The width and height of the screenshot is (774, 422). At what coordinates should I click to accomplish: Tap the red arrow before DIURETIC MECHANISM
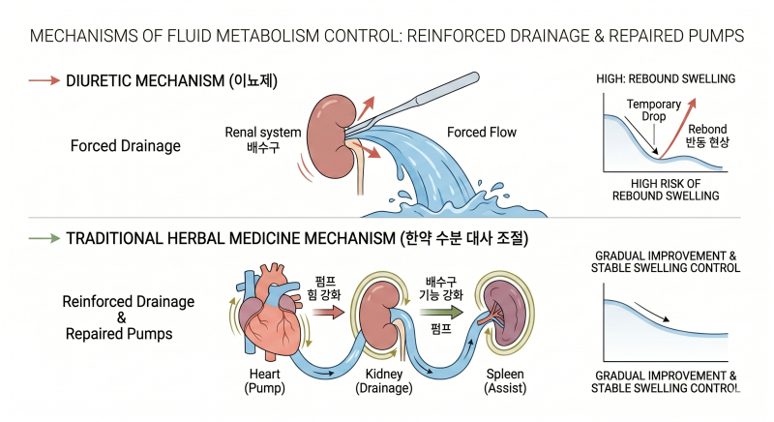pos(44,80)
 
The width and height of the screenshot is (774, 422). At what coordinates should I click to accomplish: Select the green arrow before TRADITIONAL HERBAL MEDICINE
pos(44,238)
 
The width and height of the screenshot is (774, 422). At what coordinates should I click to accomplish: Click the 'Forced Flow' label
pos(481,133)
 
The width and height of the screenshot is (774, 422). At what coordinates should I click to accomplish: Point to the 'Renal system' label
pos(263,133)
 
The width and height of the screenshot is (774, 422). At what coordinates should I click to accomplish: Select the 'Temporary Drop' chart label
pos(654,110)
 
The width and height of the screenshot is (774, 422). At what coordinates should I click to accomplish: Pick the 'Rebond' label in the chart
pos(707,130)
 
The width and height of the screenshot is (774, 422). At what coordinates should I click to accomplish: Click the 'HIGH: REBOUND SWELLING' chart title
pos(666,79)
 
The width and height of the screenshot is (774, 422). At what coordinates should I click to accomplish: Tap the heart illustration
pos(270,312)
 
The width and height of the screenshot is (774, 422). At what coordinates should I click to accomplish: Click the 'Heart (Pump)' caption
pos(264,381)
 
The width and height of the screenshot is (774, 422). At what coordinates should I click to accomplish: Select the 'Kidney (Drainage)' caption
pos(384,381)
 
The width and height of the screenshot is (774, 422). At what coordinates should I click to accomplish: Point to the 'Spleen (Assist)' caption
pos(505,381)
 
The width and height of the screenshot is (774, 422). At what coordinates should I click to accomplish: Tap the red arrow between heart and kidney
pos(328,312)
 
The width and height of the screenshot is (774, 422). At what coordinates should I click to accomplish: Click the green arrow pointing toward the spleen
pos(441,312)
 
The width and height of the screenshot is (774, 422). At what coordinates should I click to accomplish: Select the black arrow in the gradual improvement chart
pos(651,312)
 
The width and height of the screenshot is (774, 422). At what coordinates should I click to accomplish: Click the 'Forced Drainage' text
pos(126,146)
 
